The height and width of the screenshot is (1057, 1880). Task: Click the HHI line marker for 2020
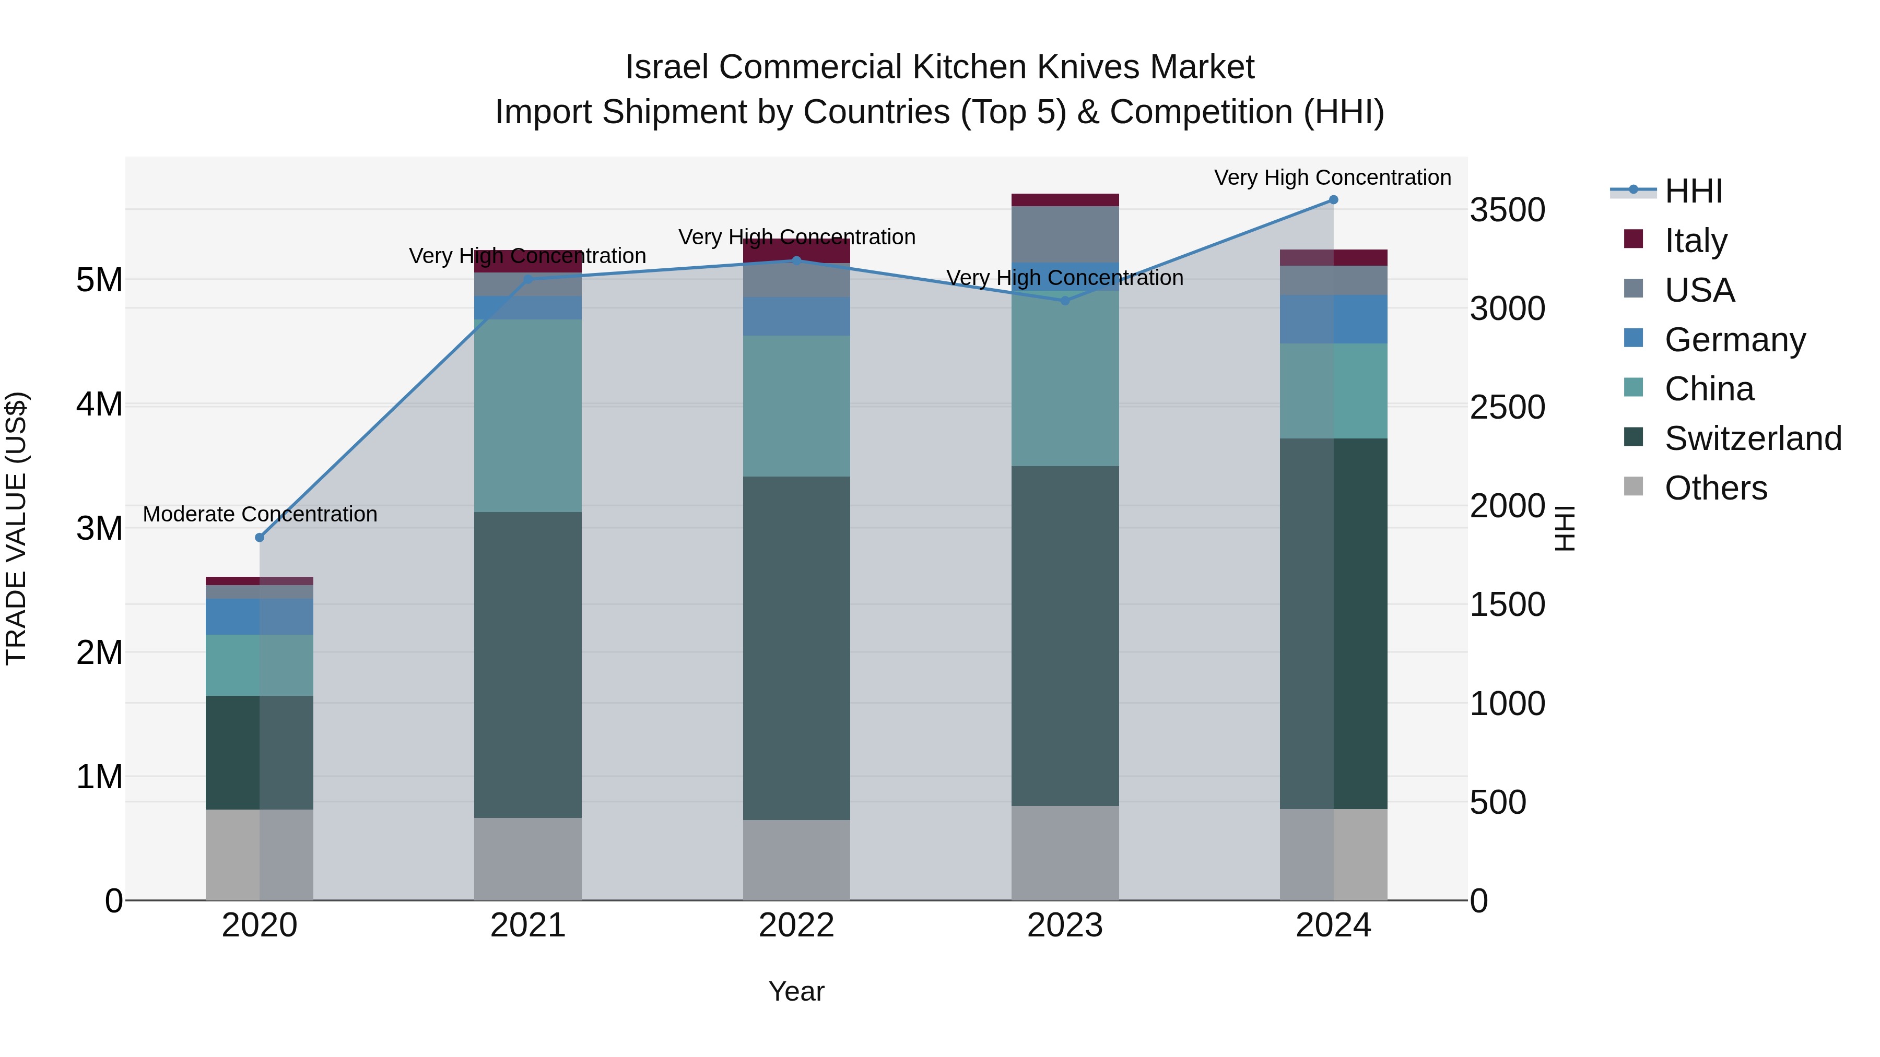click(x=260, y=538)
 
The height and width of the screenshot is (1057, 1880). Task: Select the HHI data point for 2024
click(x=1333, y=200)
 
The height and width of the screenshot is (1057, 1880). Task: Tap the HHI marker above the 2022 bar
click(x=796, y=260)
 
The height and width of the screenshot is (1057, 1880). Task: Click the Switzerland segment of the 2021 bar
click(x=527, y=664)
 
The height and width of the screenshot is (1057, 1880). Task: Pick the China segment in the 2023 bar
click(x=1065, y=378)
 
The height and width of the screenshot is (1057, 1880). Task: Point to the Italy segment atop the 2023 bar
click(x=1065, y=200)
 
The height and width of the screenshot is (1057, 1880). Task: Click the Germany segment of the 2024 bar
click(x=1333, y=319)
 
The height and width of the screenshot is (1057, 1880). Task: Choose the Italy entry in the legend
click(x=1695, y=240)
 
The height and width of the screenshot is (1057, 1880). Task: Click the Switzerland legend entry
click(x=1752, y=438)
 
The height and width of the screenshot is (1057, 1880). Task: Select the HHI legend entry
click(x=1693, y=191)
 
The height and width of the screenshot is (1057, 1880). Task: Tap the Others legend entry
click(x=1715, y=488)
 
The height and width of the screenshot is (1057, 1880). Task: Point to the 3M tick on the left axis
click(x=99, y=528)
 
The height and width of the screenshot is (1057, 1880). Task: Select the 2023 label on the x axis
click(x=1065, y=925)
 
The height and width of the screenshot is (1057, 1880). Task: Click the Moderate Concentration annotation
click(x=260, y=514)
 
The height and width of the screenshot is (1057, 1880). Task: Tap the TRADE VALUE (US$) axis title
click(x=17, y=528)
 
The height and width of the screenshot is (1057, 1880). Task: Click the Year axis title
click(x=796, y=991)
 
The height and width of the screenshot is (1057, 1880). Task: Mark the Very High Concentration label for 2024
click(x=1333, y=177)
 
